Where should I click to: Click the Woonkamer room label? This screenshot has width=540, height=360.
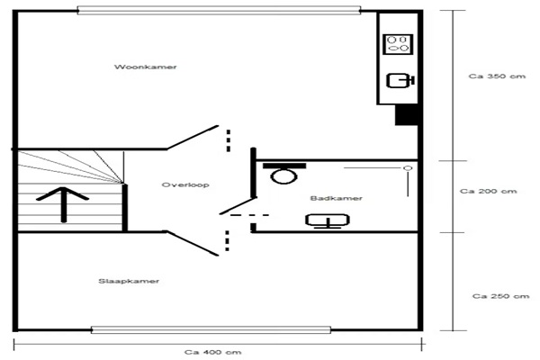(145, 67)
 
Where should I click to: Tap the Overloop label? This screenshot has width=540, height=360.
(185, 185)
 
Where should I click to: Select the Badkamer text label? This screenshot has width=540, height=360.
(336, 198)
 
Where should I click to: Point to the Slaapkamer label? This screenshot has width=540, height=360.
(129, 281)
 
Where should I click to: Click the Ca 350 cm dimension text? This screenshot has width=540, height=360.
(497, 76)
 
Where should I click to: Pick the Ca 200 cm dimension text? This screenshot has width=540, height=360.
(489, 191)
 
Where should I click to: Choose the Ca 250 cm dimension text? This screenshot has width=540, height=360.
(500, 296)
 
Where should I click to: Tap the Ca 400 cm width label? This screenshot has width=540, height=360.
(212, 352)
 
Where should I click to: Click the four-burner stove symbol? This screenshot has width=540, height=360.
(398, 44)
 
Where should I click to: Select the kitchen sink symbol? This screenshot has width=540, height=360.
(400, 81)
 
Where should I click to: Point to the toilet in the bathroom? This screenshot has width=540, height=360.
(284, 173)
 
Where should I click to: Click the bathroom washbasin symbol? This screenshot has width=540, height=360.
(328, 220)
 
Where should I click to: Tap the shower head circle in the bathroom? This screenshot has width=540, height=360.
(408, 168)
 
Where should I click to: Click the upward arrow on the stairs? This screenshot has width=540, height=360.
(63, 204)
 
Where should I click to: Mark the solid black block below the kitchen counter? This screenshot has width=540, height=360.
(407, 114)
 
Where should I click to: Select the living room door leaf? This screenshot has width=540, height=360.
(193, 138)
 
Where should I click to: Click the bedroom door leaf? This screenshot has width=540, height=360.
(193, 243)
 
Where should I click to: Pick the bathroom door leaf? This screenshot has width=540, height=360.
(238, 206)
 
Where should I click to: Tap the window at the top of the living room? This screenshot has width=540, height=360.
(219, 10)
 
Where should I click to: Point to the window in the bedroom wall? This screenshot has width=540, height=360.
(211, 329)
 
